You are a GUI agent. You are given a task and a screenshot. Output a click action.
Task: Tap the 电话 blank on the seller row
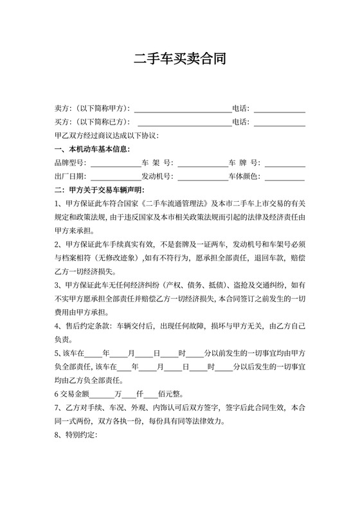coord(280,109)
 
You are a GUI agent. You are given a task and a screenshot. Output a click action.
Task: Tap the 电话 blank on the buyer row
coord(280,122)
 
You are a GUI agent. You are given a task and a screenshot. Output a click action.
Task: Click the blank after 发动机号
coord(203,177)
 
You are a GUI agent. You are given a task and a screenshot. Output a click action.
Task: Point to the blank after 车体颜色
coord(285,177)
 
